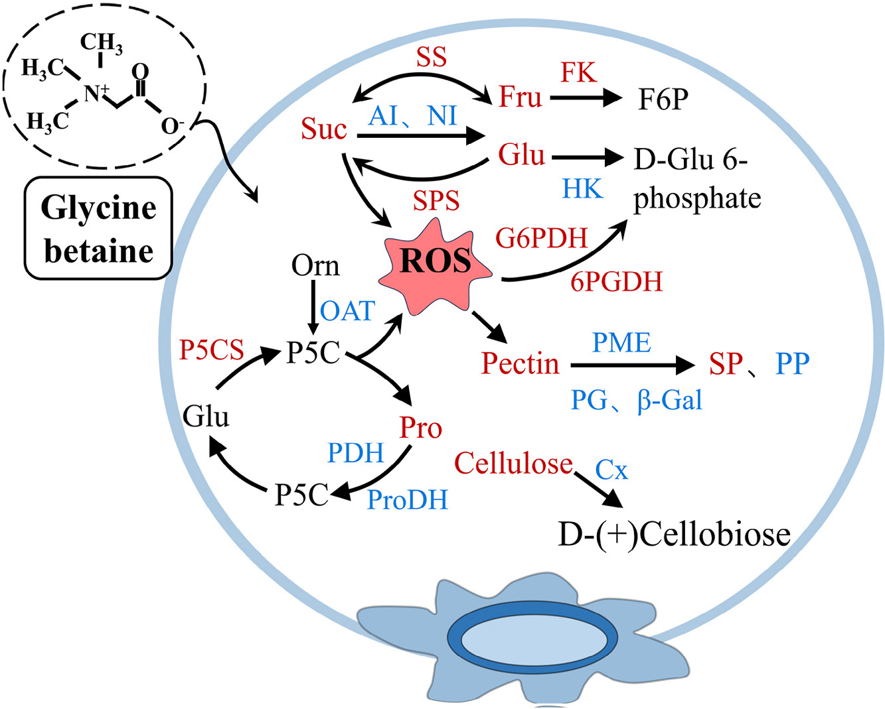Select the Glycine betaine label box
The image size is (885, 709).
point(98,229)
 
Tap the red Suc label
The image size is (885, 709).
point(324,129)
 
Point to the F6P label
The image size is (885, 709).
point(663,99)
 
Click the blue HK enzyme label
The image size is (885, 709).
point(582,190)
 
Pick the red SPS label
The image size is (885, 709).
point(436,200)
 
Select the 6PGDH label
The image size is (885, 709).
point(617,282)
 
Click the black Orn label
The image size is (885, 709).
point(315,266)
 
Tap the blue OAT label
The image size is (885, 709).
point(348,310)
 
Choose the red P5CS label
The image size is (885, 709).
point(212,350)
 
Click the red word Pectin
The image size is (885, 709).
point(521,363)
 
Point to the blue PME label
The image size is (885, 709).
point(621,343)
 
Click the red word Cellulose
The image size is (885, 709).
point(513,463)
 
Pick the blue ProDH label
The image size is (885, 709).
point(408,499)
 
